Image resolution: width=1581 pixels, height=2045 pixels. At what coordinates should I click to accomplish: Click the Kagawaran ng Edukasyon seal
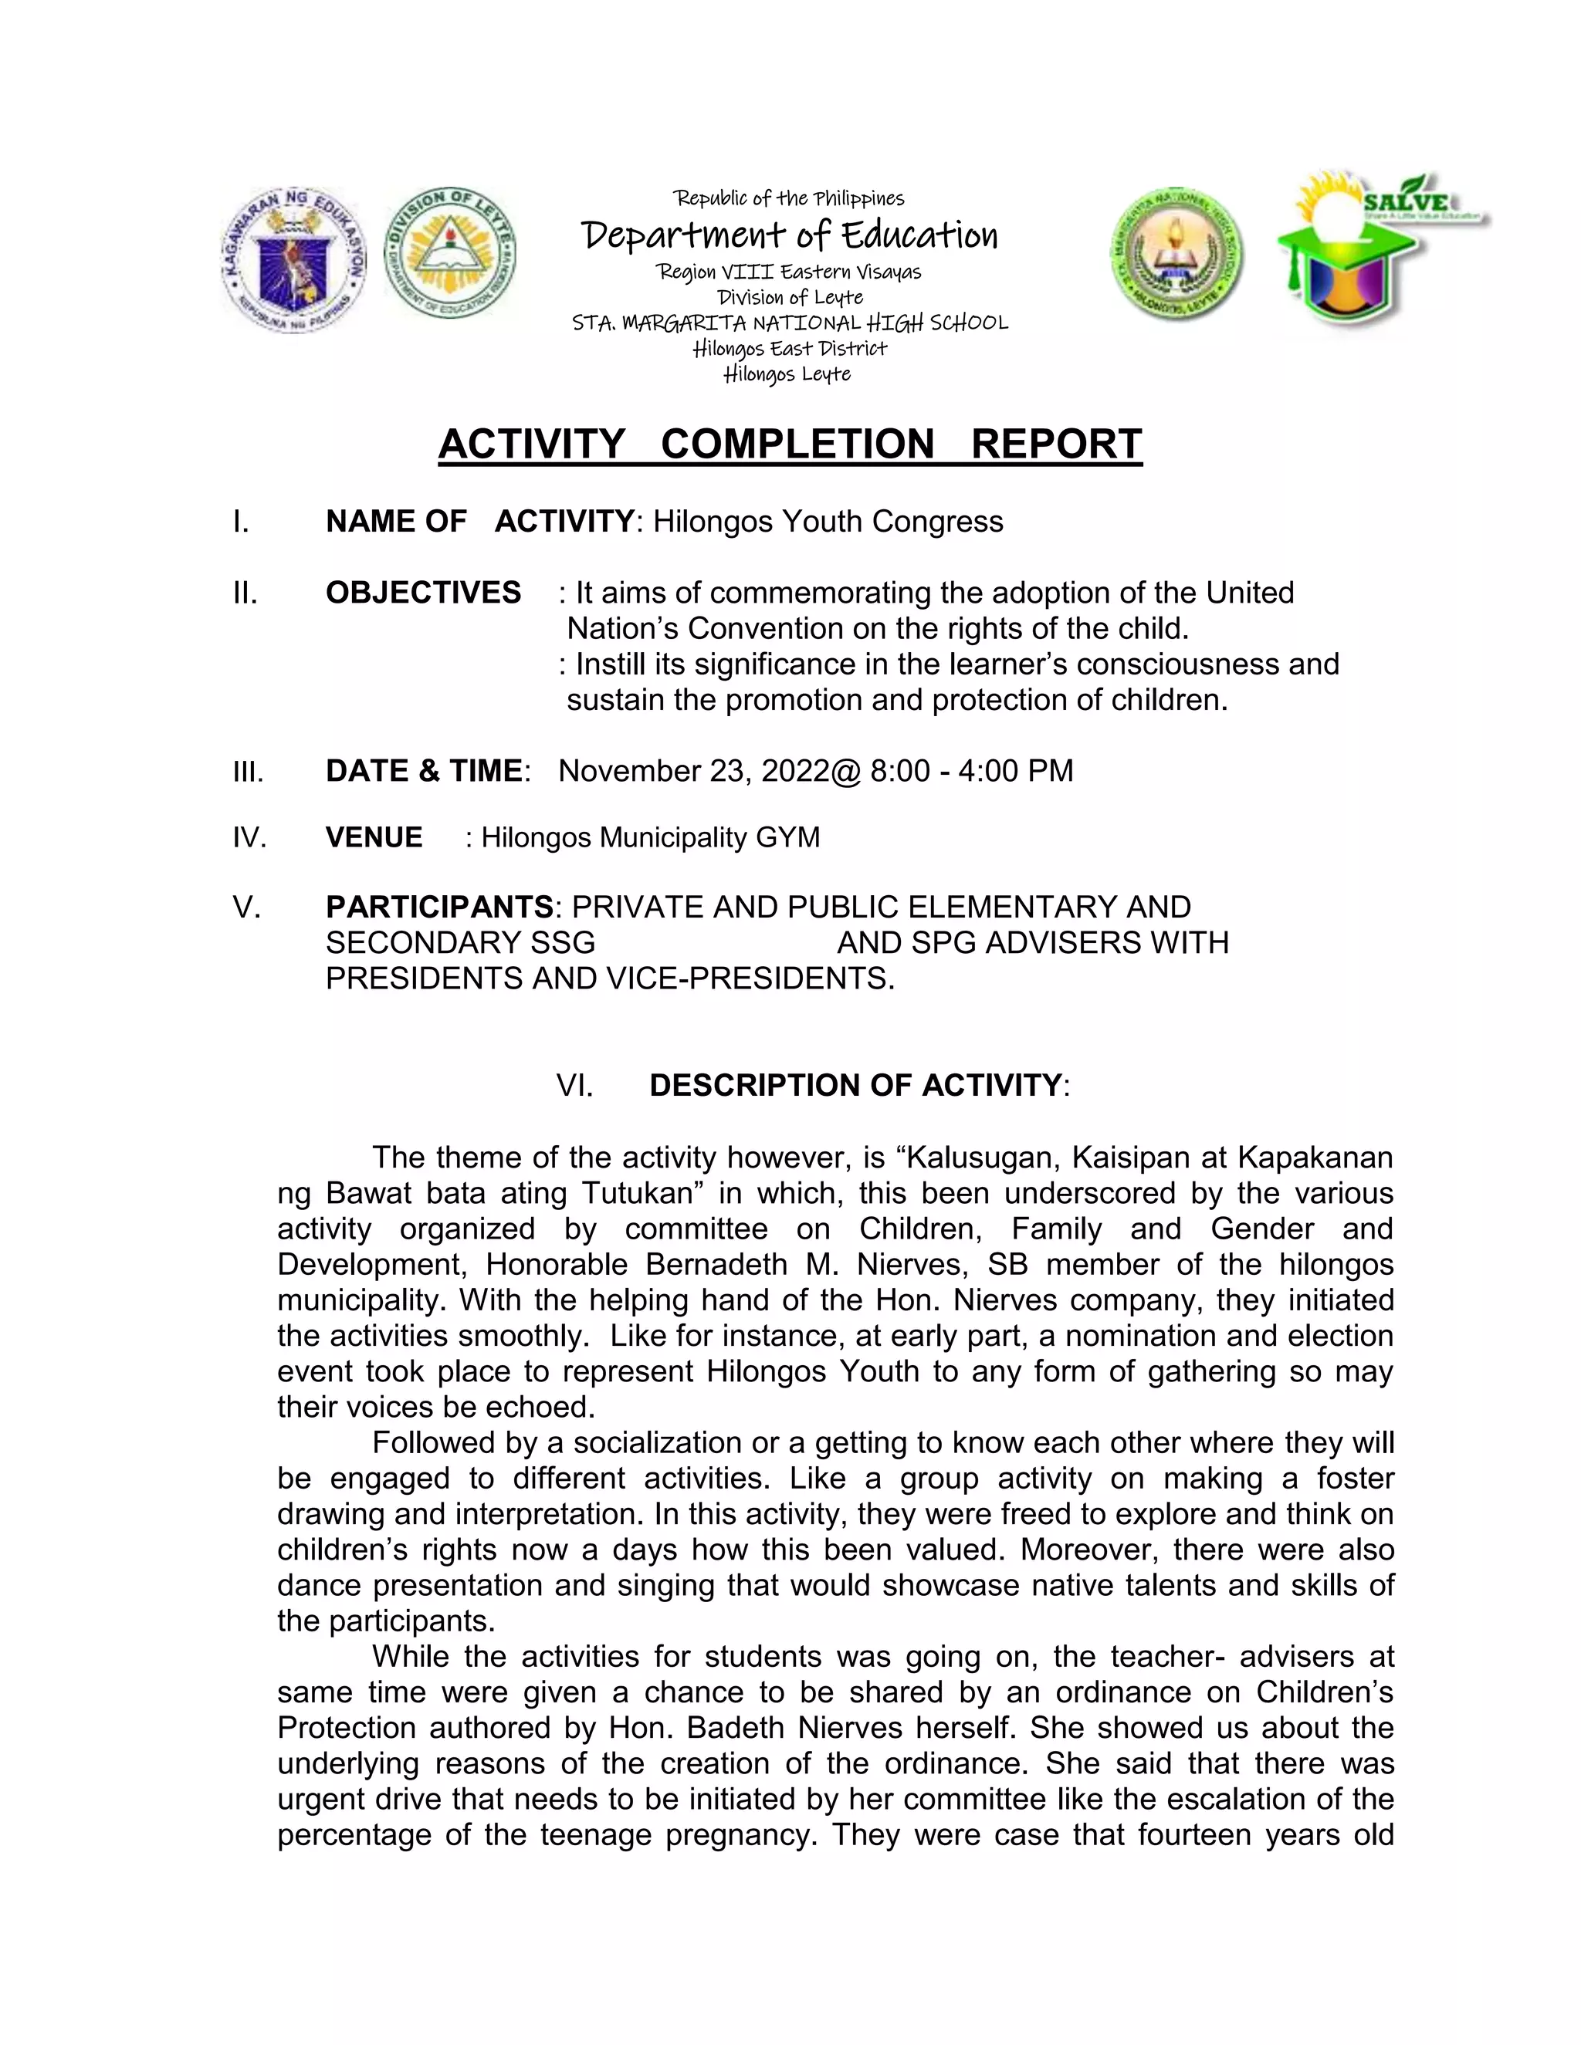pos(294,260)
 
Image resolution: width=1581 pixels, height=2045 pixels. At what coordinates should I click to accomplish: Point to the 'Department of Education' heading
pos(790,235)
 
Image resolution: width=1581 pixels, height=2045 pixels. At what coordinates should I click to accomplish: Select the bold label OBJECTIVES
pos(423,593)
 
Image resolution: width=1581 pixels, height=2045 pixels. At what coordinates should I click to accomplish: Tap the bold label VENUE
pos(374,837)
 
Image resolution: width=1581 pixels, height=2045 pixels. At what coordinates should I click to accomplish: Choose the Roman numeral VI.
pos(574,1085)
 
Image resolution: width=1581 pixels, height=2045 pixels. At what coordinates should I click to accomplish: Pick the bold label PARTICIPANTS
pos(439,908)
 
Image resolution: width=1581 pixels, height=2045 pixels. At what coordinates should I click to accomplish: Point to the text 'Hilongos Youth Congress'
pos(828,522)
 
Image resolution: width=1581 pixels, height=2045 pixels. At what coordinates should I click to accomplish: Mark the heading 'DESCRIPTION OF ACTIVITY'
pos(855,1085)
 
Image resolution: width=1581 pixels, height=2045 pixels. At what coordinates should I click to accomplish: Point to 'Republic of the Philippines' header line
pos(789,198)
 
